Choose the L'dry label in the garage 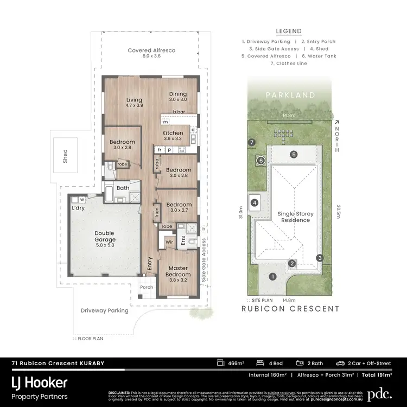[x=78, y=208]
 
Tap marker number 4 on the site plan [x=254, y=203]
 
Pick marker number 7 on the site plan [x=251, y=142]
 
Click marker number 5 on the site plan [x=293, y=154]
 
